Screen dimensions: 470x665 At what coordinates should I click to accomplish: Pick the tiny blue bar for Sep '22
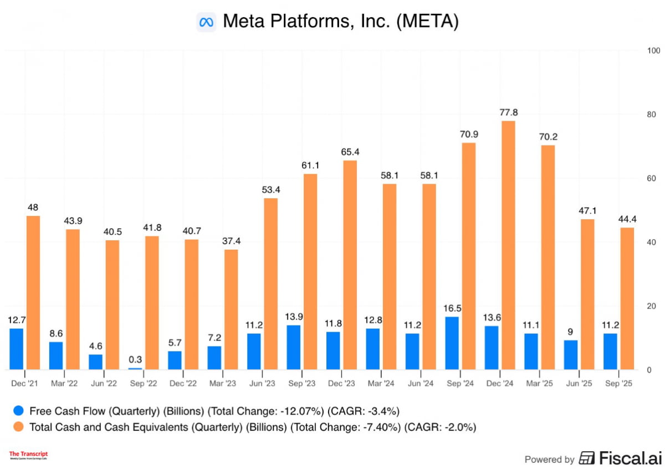135,369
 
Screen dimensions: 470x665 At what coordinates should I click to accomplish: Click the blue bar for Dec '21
17,349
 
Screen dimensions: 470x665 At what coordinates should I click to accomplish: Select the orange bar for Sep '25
627,298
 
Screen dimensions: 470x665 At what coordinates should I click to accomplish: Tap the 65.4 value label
350,151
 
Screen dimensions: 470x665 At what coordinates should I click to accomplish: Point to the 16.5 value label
452,307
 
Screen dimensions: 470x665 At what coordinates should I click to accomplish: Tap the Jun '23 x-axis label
261,382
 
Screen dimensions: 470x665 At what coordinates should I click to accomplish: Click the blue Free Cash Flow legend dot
19,411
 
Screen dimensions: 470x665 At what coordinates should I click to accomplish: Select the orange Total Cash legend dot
19,427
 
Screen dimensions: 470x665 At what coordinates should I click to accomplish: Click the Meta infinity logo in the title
206,22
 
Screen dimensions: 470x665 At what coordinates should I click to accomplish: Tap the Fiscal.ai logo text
622,458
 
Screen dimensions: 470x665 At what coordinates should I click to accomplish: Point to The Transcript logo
28,455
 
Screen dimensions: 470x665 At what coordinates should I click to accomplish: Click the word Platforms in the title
296,22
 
